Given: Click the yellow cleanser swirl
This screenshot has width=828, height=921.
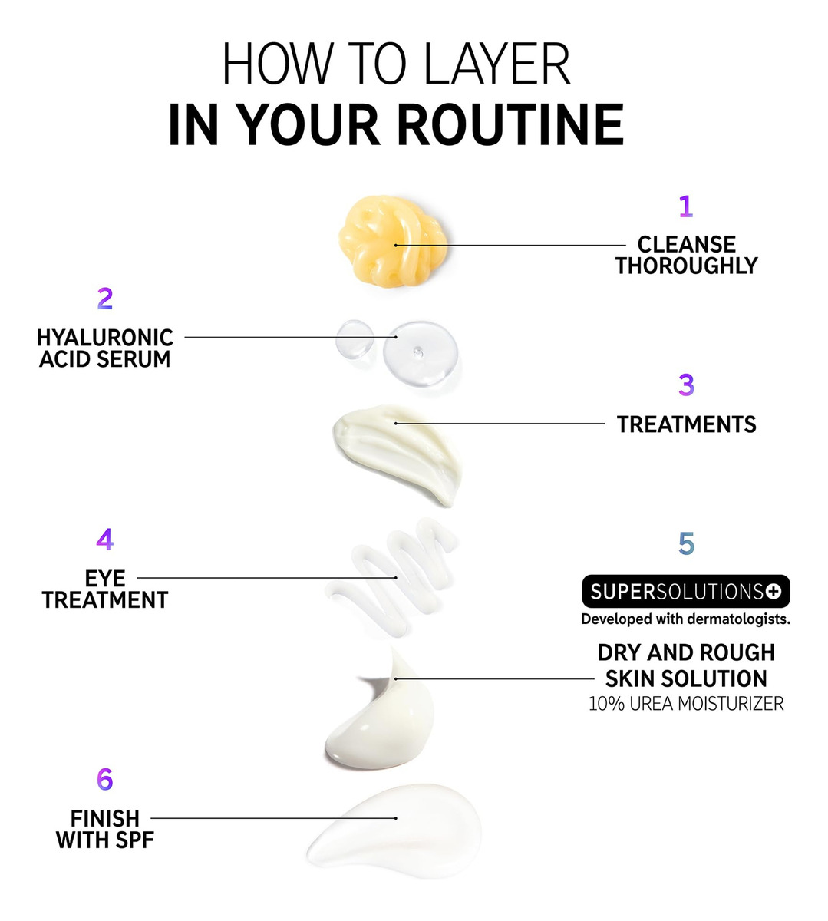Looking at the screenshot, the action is click(393, 242).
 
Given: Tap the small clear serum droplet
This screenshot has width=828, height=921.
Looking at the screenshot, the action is click(354, 339).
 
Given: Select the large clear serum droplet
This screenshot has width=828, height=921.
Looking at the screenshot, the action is click(421, 353).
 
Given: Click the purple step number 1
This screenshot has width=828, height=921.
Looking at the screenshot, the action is click(685, 206).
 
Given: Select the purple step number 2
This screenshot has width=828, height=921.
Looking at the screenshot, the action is click(105, 299).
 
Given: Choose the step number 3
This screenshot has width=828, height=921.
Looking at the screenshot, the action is click(686, 385).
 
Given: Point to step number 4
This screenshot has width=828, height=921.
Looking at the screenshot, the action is click(104, 539).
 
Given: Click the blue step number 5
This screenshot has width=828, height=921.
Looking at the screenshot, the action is click(686, 543).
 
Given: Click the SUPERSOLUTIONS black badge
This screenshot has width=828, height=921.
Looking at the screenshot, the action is click(685, 591).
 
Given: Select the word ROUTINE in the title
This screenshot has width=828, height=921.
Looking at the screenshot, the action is click(510, 124).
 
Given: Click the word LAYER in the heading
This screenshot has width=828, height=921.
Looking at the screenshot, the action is click(497, 64).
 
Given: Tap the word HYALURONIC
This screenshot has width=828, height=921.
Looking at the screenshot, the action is click(104, 338).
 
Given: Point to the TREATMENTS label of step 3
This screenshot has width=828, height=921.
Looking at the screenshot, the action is click(686, 424).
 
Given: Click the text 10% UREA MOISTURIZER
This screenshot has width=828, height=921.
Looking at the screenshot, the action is click(686, 703).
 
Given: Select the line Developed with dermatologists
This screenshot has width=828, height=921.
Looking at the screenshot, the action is click(685, 619).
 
